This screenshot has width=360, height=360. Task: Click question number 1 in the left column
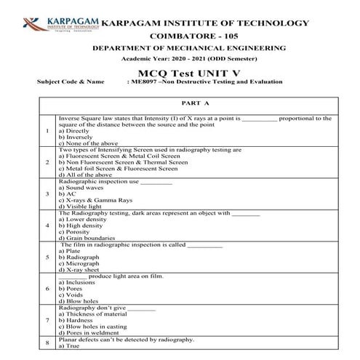tap(47, 132)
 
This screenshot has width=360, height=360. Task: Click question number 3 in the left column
tap(47, 194)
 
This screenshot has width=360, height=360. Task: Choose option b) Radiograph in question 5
tap(81, 257)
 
